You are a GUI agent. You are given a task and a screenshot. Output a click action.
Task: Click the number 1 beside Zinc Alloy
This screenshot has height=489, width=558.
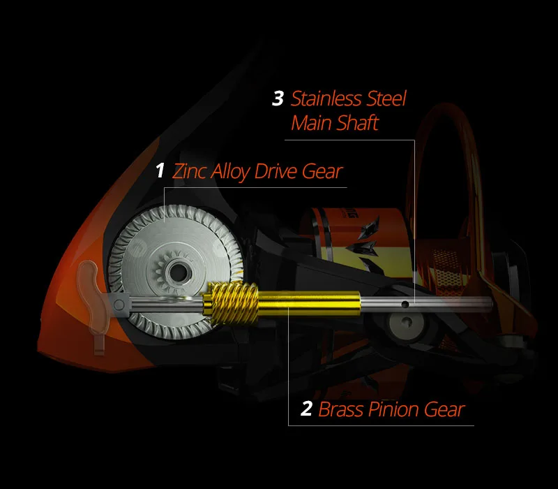tap(160, 171)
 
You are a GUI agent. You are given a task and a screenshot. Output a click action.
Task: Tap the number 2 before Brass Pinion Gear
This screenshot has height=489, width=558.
tap(306, 409)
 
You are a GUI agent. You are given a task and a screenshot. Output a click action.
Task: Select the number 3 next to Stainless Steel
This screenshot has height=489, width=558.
tap(278, 98)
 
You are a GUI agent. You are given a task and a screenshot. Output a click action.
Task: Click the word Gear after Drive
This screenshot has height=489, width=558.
tap(322, 172)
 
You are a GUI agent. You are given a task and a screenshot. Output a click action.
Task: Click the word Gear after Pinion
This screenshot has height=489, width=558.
tap(444, 409)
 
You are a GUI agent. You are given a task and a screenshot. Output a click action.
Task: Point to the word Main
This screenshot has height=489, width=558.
tap(312, 124)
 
